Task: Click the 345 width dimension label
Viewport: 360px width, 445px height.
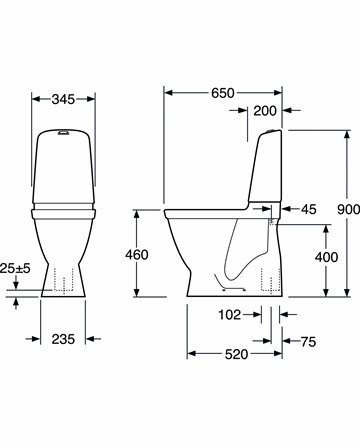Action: (63, 99)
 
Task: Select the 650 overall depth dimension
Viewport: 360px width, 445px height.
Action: (223, 93)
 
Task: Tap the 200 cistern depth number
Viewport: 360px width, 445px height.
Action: (265, 111)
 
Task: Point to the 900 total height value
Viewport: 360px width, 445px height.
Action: (348, 209)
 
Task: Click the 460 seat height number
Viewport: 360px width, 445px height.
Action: (137, 255)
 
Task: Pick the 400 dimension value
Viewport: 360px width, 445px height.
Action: (326, 257)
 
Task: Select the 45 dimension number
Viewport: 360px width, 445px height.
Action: (308, 209)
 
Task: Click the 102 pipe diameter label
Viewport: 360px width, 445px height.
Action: (229, 314)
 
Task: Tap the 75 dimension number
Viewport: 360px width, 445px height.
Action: (308, 342)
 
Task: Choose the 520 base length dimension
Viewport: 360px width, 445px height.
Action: (236, 354)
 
